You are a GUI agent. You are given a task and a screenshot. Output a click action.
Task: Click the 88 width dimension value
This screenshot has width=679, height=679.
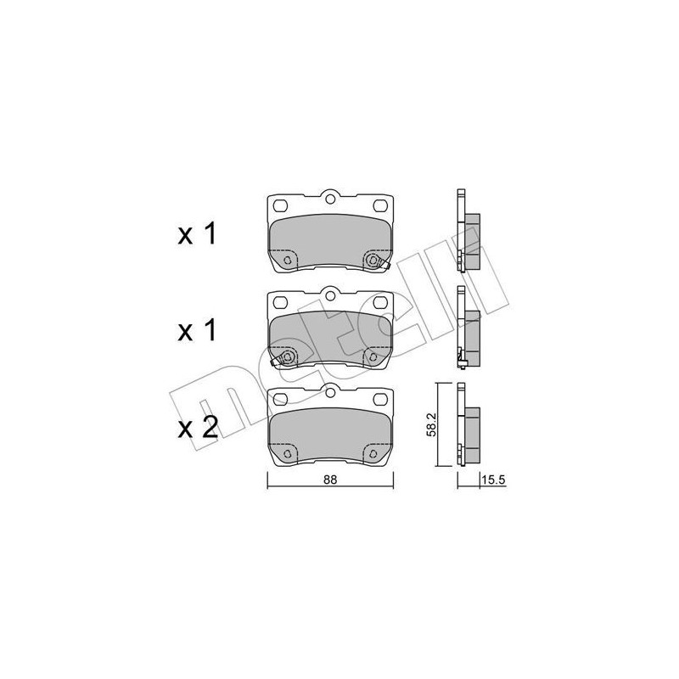point(330,480)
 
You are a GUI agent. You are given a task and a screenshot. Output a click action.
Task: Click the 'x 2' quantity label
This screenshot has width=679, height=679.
point(199,426)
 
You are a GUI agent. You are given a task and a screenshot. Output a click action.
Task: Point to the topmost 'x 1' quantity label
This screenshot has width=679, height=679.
point(199,234)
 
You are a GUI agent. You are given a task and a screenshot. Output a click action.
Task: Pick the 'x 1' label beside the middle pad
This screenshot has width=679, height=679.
point(199,331)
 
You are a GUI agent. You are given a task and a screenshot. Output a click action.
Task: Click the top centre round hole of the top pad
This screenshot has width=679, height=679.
point(329,200)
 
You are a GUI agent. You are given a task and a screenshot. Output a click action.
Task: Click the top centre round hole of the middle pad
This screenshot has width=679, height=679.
point(329,297)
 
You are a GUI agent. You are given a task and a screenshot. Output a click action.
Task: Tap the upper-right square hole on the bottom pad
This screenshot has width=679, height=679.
point(378,401)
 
